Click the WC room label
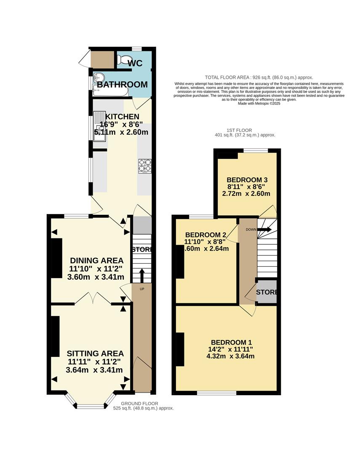point(135,63)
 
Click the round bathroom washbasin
point(99,78)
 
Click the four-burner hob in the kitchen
point(145,166)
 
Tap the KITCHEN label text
point(122,117)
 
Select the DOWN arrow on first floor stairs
point(265,230)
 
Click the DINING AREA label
point(97,260)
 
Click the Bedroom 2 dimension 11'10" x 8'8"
point(205,241)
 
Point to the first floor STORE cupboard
point(267,292)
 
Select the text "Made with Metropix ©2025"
point(259,103)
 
